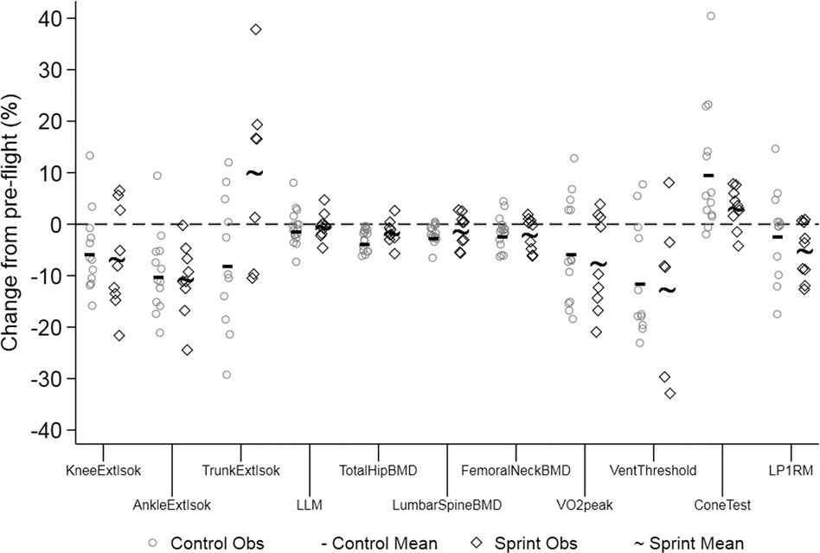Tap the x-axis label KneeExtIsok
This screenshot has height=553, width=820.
103,472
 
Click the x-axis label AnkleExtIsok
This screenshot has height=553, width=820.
172,504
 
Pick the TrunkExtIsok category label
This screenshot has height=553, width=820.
241,472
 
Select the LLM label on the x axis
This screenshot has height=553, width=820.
310,504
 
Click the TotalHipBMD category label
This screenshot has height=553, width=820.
379,472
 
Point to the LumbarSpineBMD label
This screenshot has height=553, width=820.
447,504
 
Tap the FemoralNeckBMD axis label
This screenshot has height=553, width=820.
516,472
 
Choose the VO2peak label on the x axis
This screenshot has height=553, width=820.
585,504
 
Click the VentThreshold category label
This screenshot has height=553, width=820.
653,472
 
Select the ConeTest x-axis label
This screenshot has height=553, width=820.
722,504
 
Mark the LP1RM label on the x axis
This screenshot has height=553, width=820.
791,472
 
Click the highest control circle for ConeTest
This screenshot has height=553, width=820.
711,16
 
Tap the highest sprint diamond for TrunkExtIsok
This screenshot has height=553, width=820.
255,29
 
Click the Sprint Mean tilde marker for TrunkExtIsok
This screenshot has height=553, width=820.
255,173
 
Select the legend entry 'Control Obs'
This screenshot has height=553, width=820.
208,543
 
